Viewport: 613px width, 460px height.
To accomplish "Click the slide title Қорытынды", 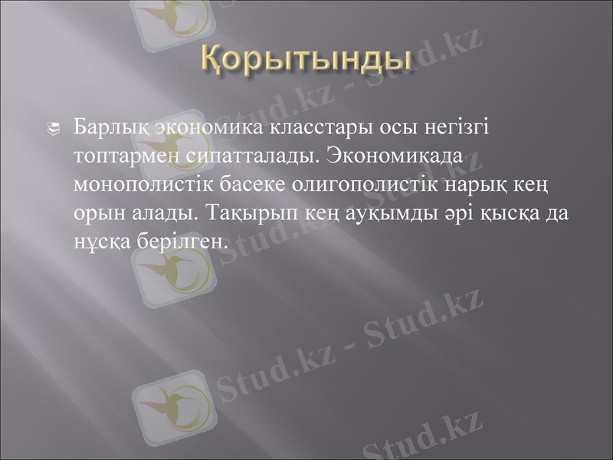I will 306,58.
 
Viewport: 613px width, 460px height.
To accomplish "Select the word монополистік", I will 143,185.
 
